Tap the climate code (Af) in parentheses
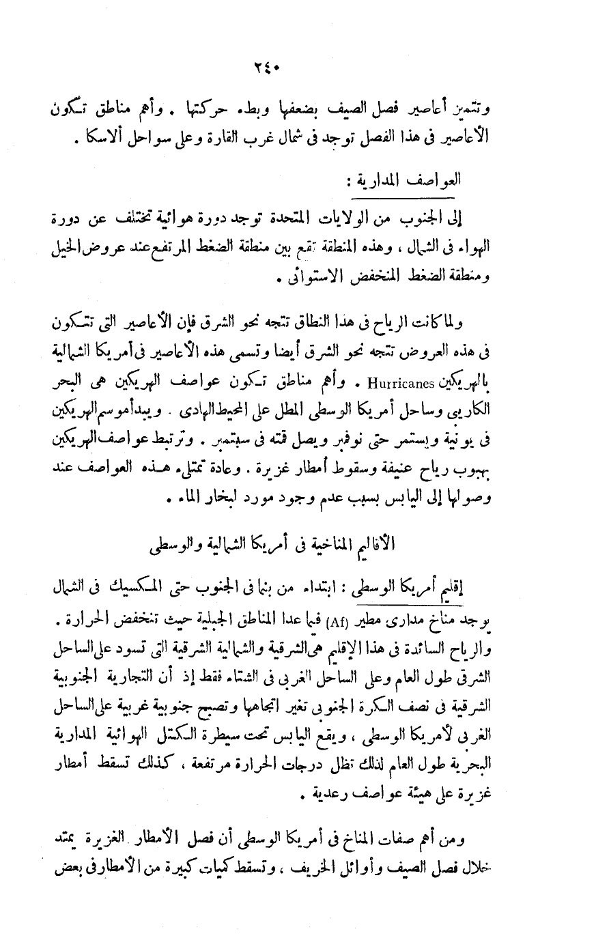click(338, 621)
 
